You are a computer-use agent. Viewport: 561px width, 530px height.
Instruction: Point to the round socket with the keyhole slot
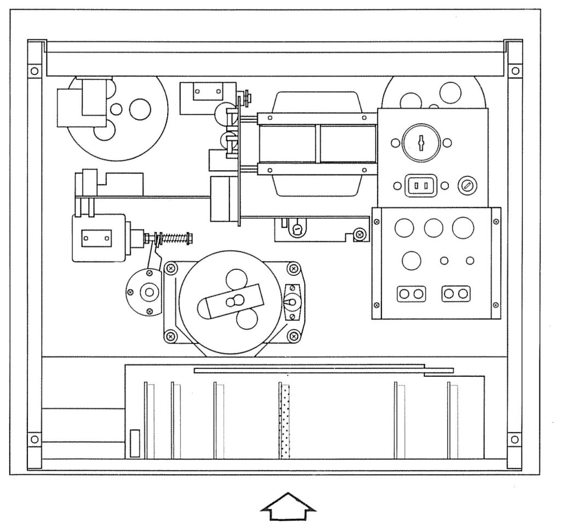pyautogui.click(x=420, y=143)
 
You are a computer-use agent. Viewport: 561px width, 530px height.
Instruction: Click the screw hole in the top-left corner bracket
pyautogui.click(x=33, y=71)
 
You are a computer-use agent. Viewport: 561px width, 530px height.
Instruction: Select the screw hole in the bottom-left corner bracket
pyautogui.click(x=33, y=439)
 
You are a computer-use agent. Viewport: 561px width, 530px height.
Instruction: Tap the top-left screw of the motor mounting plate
pyautogui.click(x=171, y=268)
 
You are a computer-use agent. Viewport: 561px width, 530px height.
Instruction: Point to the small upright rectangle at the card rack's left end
pyautogui.click(x=135, y=443)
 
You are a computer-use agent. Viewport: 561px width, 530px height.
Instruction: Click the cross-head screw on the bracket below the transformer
pyautogui.click(x=359, y=234)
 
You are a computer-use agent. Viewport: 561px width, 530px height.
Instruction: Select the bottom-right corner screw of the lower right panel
pyautogui.click(x=496, y=305)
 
